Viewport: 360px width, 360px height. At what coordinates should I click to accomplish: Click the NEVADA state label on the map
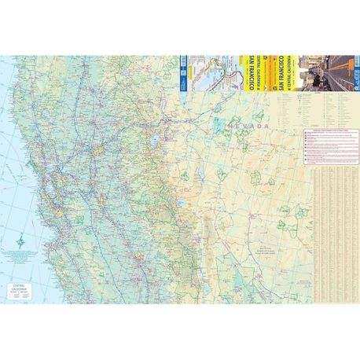click(x=245, y=126)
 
